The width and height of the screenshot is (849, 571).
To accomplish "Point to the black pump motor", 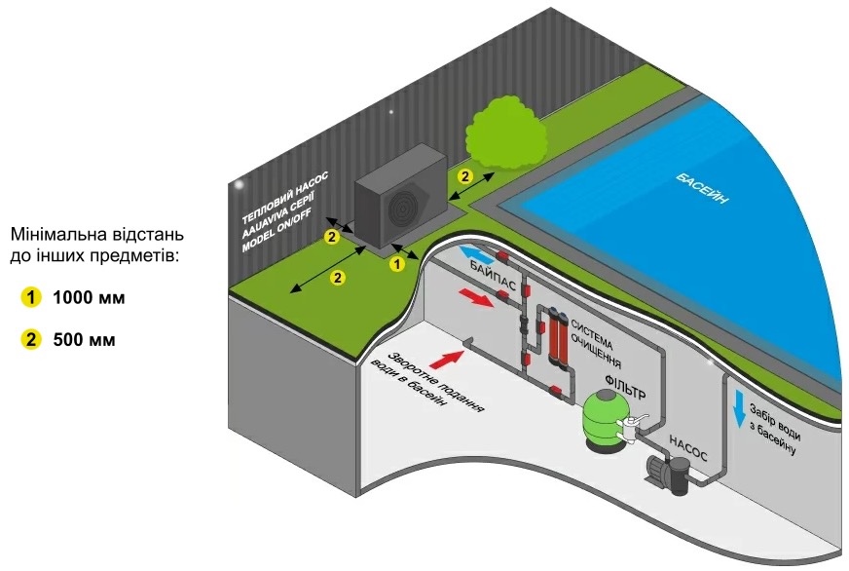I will point(671,479).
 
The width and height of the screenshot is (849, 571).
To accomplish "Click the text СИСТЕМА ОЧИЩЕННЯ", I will point(596,340).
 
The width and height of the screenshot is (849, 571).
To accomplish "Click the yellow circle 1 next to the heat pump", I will point(396,262).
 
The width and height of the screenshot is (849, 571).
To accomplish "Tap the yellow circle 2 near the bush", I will point(464,176).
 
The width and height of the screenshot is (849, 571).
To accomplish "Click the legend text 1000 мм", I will point(90,296).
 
